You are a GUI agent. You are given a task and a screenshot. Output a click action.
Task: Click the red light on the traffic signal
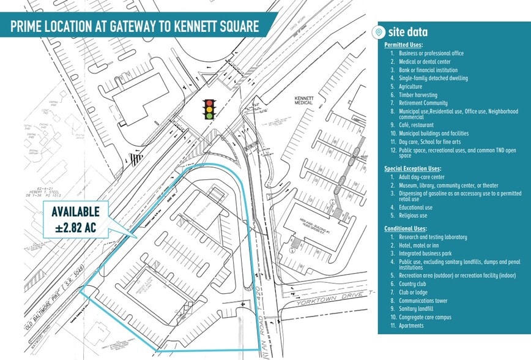(x=210, y=102)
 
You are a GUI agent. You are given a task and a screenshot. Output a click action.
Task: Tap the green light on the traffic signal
(x=210, y=115)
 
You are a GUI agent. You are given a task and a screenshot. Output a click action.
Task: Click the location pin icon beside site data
(x=379, y=32)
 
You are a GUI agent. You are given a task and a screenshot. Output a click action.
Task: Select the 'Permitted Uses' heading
(x=403, y=45)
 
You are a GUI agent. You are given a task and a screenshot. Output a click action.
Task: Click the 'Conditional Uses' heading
(x=404, y=228)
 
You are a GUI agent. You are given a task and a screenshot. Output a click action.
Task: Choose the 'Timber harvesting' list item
(x=418, y=96)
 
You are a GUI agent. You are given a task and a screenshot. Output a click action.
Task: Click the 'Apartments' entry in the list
(x=412, y=326)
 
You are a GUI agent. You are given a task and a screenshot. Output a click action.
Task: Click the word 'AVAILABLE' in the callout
(x=75, y=212)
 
